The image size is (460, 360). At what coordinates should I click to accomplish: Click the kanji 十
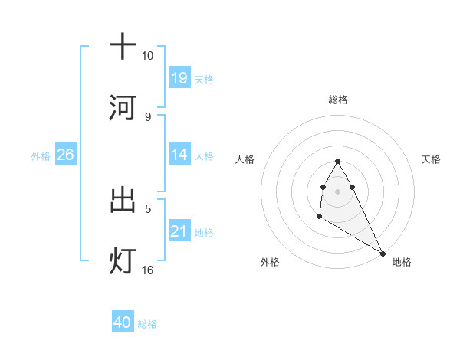point(123,46)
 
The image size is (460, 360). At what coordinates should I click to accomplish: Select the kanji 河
point(123,108)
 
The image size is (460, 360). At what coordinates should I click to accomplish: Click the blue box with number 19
point(179,77)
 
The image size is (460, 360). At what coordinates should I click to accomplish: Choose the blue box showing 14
point(179,155)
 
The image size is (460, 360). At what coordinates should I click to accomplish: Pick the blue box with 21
point(179,231)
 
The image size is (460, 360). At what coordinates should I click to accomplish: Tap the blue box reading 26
point(65,155)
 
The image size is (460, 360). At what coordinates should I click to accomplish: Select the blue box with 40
point(123,322)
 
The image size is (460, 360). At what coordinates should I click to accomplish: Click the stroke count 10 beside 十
point(148,56)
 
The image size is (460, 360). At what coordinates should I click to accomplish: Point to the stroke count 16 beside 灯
point(148,270)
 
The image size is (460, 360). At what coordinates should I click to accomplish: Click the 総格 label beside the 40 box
point(147,324)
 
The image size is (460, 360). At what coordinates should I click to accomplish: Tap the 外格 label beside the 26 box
point(41,155)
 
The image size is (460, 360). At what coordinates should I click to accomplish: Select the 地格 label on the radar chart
point(402,262)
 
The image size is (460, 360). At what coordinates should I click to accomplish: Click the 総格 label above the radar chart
point(337,100)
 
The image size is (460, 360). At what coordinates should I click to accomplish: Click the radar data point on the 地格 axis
point(383,254)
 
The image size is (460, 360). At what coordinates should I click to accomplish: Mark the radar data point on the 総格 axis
point(337,162)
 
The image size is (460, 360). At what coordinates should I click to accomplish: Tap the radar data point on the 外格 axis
point(319,218)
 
